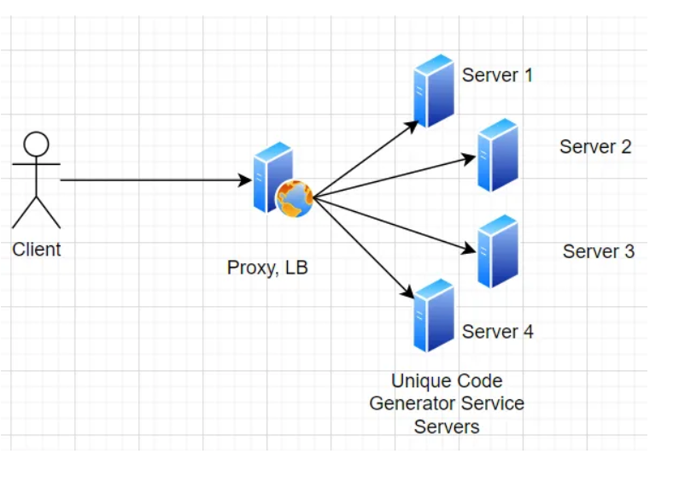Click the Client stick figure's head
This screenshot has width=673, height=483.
[x=36, y=143]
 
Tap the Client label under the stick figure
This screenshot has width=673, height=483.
[x=37, y=250]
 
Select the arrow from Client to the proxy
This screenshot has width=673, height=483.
[x=154, y=180]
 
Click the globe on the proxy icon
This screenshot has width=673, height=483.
[x=295, y=198]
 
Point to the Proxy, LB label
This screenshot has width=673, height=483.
[x=267, y=268]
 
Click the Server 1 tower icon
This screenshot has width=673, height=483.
[x=434, y=91]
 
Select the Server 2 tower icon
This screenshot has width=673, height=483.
[x=497, y=155]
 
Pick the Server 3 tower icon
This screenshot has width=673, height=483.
[x=497, y=251]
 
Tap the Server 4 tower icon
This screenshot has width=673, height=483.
[x=434, y=315]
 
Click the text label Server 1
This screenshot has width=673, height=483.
[x=497, y=75]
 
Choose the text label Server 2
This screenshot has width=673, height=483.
[x=595, y=146]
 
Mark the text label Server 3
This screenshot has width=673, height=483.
[x=598, y=251]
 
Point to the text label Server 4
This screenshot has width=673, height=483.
[x=497, y=332]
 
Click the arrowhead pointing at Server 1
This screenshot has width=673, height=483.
[x=413, y=124]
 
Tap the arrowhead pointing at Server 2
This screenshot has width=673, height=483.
[x=469, y=157]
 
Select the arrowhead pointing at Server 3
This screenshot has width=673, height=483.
[x=469, y=250]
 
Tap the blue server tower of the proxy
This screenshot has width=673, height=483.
[x=272, y=175]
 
